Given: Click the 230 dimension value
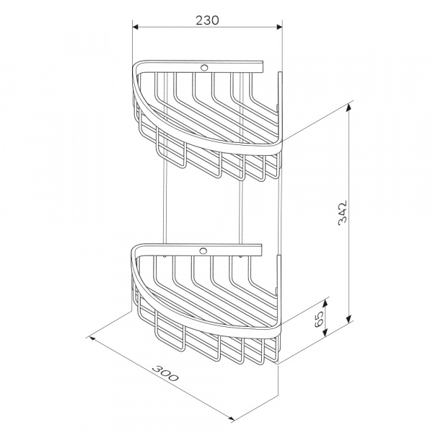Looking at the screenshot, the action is pyautogui.click(x=207, y=20).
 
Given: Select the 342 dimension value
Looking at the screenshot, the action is pyautogui.click(x=342, y=213).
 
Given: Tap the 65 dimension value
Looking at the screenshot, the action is pyautogui.click(x=319, y=319).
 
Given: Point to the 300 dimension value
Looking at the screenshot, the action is pyautogui.click(x=165, y=373).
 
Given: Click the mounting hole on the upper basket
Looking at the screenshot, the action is pyautogui.click(x=204, y=67).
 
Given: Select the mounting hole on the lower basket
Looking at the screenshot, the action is pyautogui.click(x=204, y=251).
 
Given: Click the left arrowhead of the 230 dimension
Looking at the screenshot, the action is pyautogui.click(x=136, y=27).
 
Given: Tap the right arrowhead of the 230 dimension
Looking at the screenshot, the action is pyautogui.click(x=279, y=27).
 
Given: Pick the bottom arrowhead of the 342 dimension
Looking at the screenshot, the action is pyautogui.click(x=349, y=319).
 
